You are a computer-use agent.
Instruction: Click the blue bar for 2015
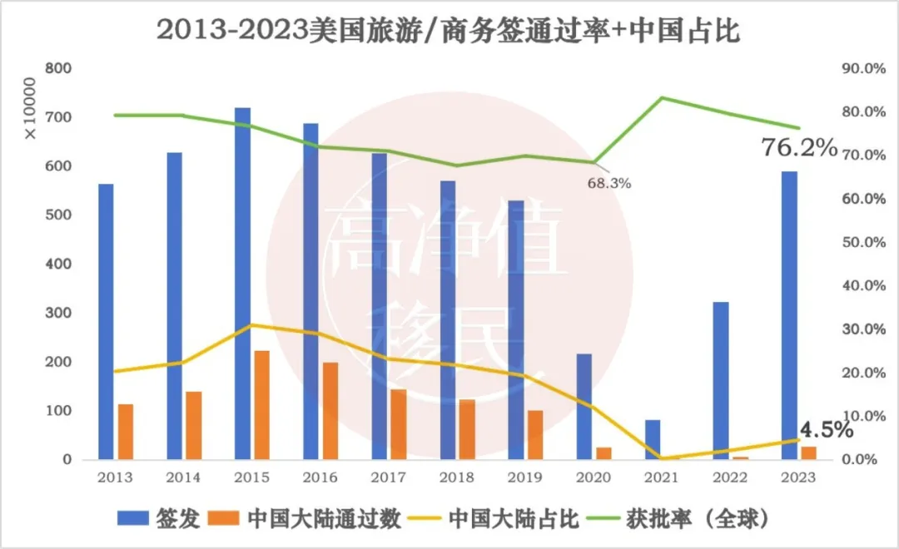pos(242,283)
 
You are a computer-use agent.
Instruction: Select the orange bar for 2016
pos(330,411)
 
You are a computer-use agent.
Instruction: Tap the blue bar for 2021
pos(653,439)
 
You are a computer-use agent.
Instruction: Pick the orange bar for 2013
pos(126,432)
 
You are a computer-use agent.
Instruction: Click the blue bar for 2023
pos(789,315)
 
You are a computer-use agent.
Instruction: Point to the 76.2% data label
pos(798,148)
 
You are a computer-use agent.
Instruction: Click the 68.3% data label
pos(609,183)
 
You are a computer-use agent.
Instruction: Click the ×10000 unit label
pos(30,108)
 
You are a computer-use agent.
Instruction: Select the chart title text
pos(449,31)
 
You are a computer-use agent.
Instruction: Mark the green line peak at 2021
pos(663,98)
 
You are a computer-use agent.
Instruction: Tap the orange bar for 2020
pos(603,453)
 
